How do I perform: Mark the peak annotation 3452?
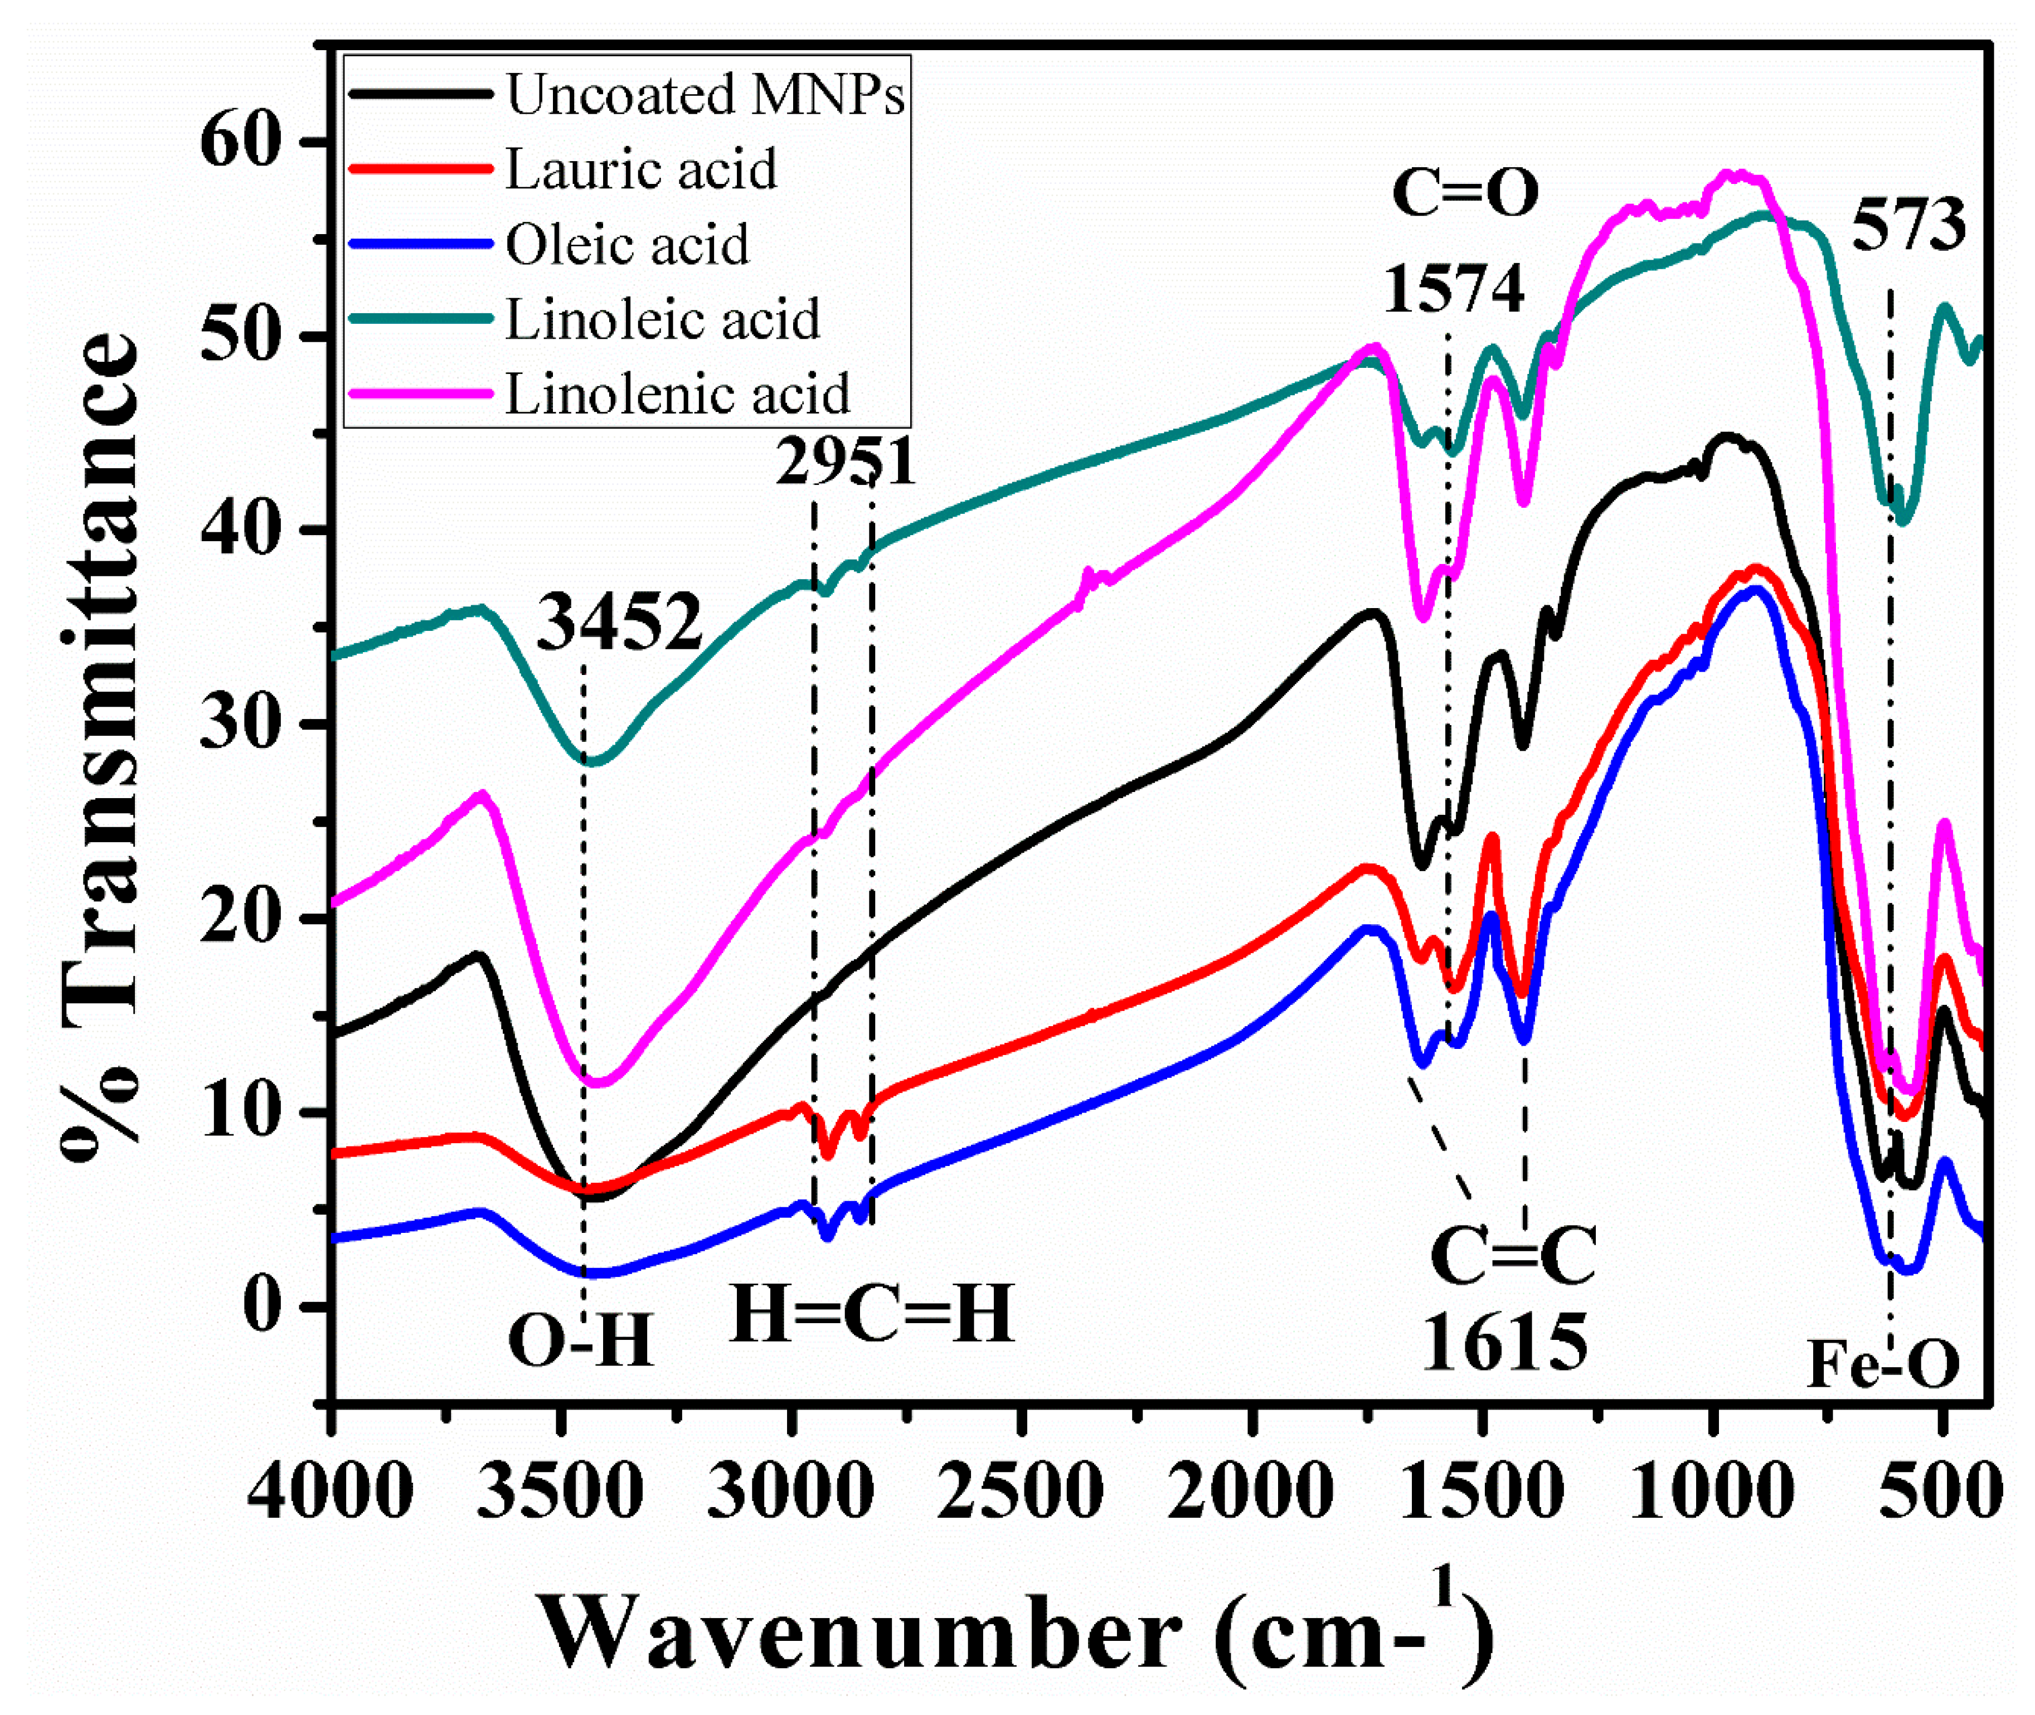coord(619,622)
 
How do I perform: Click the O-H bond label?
coord(580,1342)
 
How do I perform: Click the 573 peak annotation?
coord(1907,225)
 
